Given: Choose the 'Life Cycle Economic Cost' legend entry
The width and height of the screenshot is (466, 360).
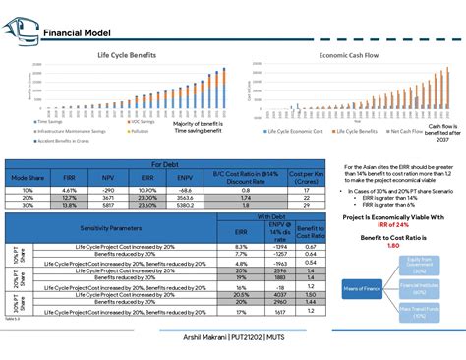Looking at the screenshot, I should click(x=286, y=129).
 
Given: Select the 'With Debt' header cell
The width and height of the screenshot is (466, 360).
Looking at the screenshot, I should click(x=270, y=215).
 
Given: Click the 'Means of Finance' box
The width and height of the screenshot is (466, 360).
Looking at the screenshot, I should click(x=360, y=287).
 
